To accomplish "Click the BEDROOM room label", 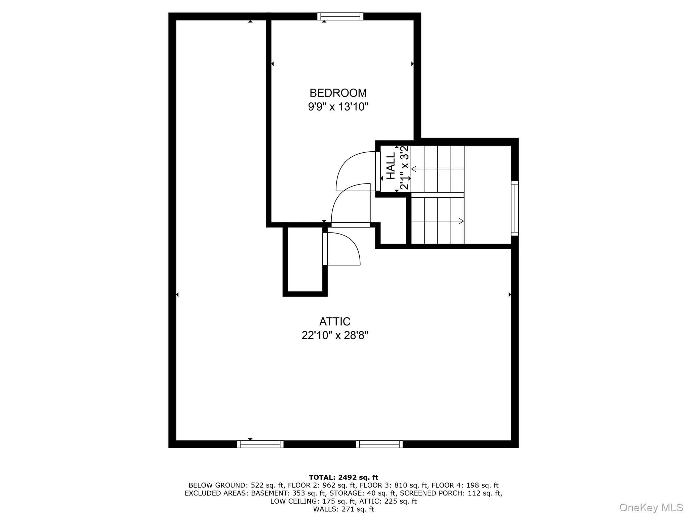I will pyautogui.click(x=338, y=93).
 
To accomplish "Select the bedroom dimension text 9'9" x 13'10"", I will pyautogui.click(x=338, y=107).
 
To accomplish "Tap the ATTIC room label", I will pyautogui.click(x=334, y=321).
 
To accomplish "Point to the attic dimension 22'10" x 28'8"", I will pyautogui.click(x=334, y=335).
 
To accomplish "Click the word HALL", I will pyautogui.click(x=391, y=166).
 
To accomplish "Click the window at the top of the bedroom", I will pyautogui.click(x=340, y=16).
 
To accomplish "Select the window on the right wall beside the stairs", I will pyautogui.click(x=515, y=208).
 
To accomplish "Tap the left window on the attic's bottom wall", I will pyautogui.click(x=260, y=444).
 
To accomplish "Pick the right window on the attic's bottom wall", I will pyautogui.click(x=379, y=444).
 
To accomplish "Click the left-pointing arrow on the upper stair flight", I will pyautogui.click(x=414, y=169).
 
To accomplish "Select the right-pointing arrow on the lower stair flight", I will pyautogui.click(x=461, y=221).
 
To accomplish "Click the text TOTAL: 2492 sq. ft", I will pyautogui.click(x=343, y=477).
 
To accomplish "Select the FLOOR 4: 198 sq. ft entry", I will pyautogui.click(x=465, y=485).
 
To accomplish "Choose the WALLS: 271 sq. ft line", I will pyautogui.click(x=343, y=509).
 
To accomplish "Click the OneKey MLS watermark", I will pyautogui.click(x=651, y=507).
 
